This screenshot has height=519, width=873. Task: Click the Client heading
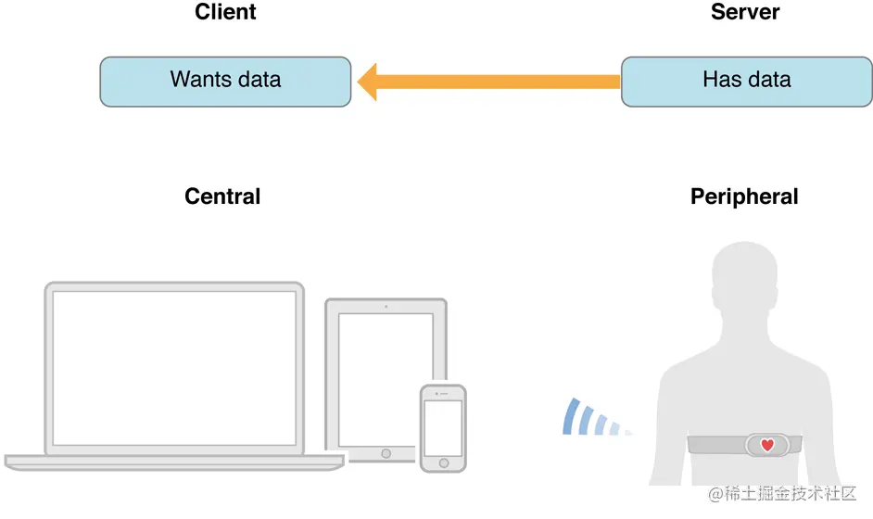(225, 12)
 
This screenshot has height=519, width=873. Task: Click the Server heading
(745, 12)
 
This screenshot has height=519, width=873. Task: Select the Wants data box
(225, 81)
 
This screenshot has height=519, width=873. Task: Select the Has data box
(746, 81)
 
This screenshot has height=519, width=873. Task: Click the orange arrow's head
(370, 82)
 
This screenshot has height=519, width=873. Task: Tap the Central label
(222, 196)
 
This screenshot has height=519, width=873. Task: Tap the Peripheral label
(744, 196)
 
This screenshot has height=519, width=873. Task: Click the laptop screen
(174, 367)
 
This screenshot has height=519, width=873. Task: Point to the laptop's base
(174, 461)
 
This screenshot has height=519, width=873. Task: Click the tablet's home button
(386, 454)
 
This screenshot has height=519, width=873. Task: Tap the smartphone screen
(442, 427)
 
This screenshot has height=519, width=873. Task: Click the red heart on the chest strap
(767, 445)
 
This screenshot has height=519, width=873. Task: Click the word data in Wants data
(254, 79)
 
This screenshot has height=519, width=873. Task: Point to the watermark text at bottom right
(782, 494)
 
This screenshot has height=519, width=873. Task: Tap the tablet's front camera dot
(386, 306)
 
